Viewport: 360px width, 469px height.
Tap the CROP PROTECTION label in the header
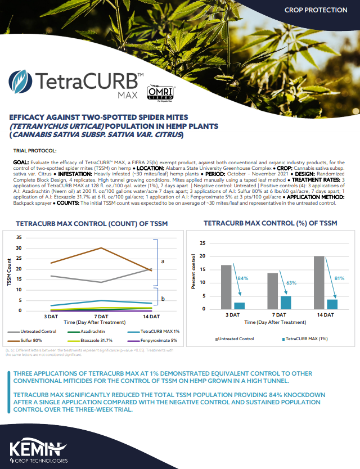pyautogui.click(x=316, y=10)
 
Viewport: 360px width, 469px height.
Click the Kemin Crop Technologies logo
pyautogui.click(x=38, y=452)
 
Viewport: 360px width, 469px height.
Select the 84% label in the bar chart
pyautogui.click(x=242, y=278)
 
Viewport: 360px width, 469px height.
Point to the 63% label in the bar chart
pyautogui.click(x=290, y=283)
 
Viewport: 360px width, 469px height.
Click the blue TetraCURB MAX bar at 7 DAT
pyautogui.click(x=286, y=303)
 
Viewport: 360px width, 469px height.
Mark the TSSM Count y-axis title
pyautogui.click(x=9, y=273)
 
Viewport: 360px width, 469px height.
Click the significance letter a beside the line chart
pyautogui.click(x=163, y=261)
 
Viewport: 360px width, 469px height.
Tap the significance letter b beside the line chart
pyautogui.click(x=163, y=299)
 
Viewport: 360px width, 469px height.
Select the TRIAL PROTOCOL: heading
pyautogui.click(x=34, y=151)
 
